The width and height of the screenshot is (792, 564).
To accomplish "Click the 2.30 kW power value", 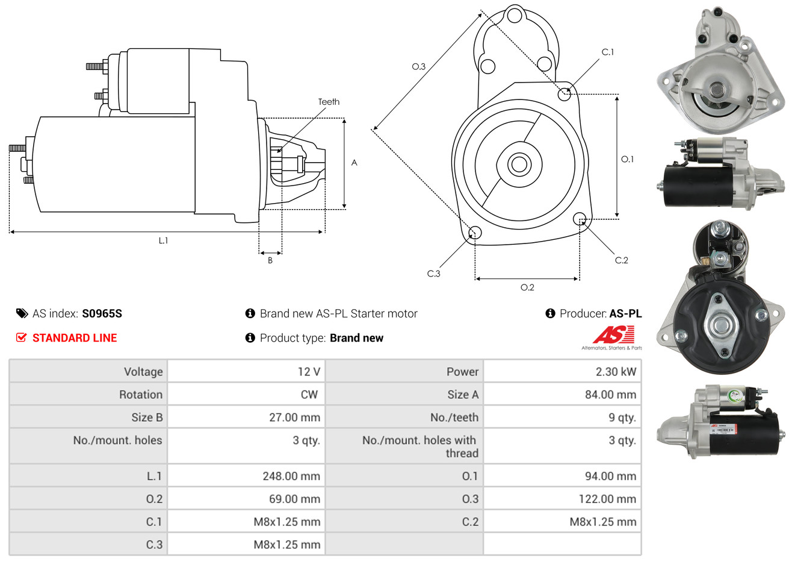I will click(616, 372).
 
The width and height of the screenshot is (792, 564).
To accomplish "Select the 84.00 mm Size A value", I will click(610, 395).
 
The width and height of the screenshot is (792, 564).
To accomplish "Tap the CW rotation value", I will click(309, 395).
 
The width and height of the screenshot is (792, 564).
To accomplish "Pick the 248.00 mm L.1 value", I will click(291, 476).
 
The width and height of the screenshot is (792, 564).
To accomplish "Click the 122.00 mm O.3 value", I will click(607, 499).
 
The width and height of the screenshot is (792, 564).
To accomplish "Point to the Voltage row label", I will click(143, 372).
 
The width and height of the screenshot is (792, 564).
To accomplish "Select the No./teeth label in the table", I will click(454, 418).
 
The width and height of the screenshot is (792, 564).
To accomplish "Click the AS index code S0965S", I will click(102, 313).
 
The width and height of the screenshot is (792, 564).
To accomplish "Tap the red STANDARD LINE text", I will click(75, 338).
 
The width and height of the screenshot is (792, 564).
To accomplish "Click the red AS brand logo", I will click(613, 335).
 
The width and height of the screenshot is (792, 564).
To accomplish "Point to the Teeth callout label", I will click(329, 102).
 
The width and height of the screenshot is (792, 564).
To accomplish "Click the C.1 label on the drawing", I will click(608, 52).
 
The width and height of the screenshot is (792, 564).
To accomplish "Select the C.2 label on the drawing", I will click(621, 260).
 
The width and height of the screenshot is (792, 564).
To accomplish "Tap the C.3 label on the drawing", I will click(433, 274).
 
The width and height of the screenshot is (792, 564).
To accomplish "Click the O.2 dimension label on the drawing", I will click(527, 287).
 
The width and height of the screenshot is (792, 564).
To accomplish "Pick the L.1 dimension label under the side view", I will click(163, 240).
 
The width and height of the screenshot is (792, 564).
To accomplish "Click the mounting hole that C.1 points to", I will click(565, 94).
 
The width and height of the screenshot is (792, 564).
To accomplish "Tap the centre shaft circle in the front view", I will click(518, 164).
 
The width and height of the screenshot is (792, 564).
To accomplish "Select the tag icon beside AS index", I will click(22, 313).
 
